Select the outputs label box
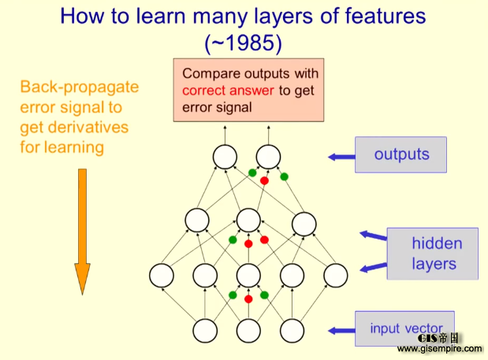click(400, 154)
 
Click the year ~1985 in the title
click(244, 42)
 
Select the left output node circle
click(224, 157)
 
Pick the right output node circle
click(268, 157)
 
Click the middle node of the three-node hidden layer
click(248, 220)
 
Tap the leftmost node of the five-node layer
click(162, 275)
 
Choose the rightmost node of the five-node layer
click(335, 275)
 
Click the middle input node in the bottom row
click(248, 331)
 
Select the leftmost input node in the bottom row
click(205, 331)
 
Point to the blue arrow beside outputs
click(341, 158)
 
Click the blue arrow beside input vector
click(341, 331)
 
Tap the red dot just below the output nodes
click(264, 180)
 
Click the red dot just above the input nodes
click(248, 299)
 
